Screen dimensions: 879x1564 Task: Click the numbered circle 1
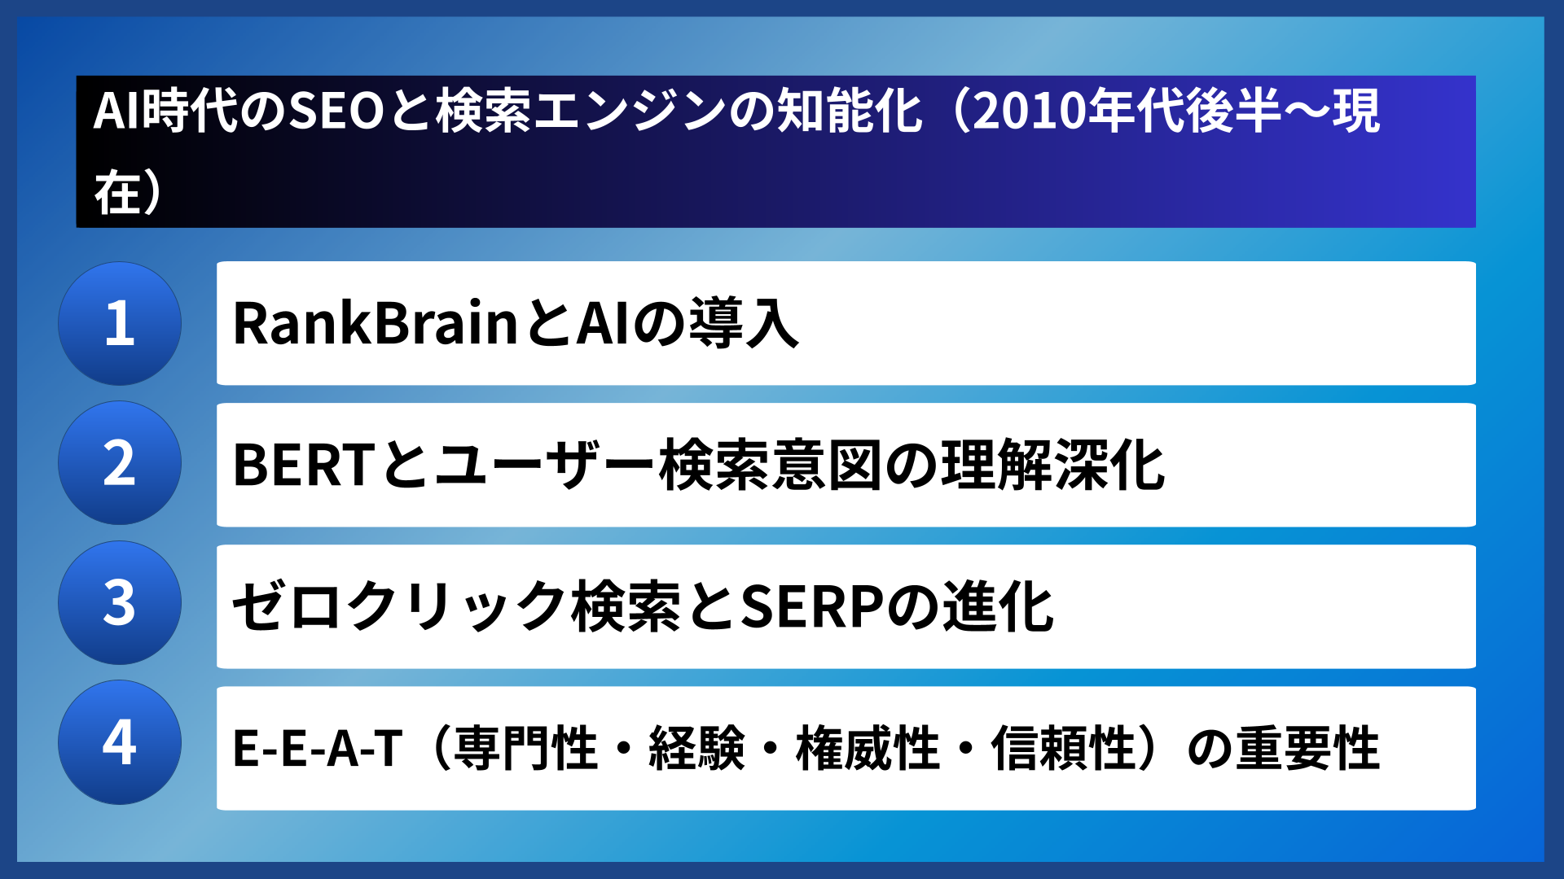click(x=120, y=323)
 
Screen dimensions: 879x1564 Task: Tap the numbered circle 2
click(x=120, y=463)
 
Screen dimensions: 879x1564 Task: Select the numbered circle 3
click(x=120, y=603)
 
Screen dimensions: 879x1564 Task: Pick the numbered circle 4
click(x=120, y=742)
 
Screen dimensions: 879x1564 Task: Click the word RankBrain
click(x=376, y=323)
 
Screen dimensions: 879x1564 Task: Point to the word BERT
click(x=303, y=465)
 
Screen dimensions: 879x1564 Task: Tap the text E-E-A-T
click(x=317, y=748)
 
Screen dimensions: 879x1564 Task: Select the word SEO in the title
click(x=336, y=112)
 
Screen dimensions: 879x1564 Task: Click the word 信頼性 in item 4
click(x=1063, y=748)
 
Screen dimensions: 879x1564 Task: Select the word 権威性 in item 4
click(x=868, y=748)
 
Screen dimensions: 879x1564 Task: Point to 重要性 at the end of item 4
click(x=1307, y=748)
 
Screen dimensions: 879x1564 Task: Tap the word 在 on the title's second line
click(x=117, y=193)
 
